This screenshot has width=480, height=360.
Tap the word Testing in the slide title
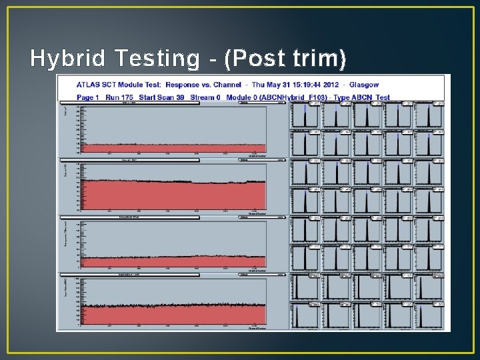tap(156, 59)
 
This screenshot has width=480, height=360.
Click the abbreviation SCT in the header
tap(113, 85)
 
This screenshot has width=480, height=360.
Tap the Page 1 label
tap(87, 97)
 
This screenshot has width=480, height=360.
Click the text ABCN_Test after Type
tap(374, 97)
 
